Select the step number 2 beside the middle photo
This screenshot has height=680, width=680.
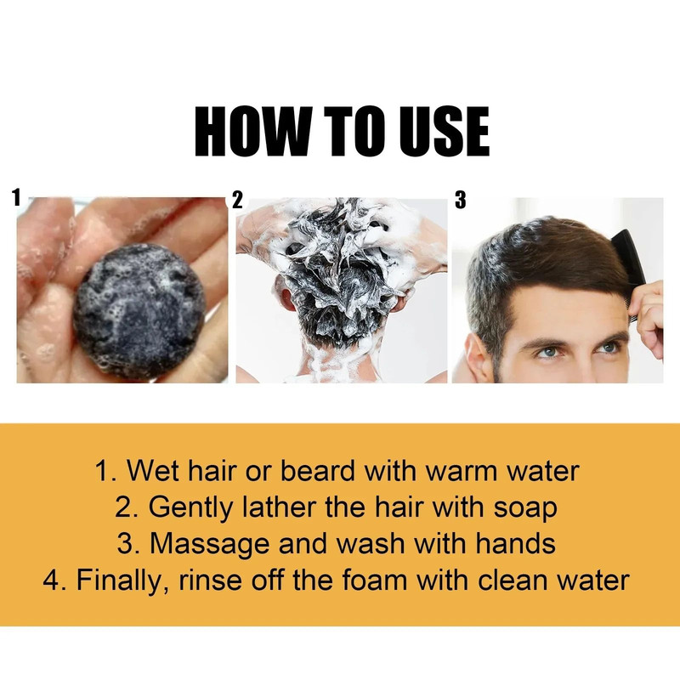[x=238, y=201]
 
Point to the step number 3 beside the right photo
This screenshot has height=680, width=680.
[x=461, y=201]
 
